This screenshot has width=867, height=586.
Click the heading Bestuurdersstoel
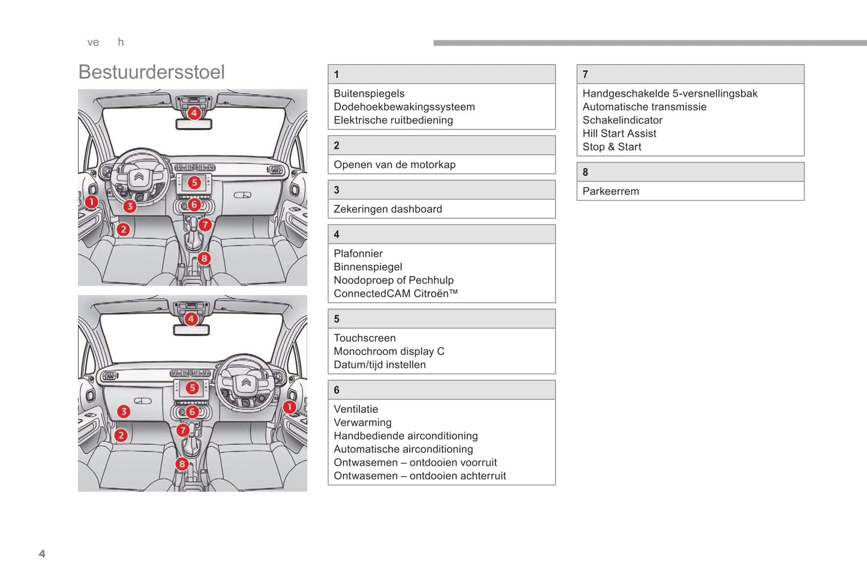(151, 72)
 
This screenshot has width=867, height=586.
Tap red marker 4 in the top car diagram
(193, 113)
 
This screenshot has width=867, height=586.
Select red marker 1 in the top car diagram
(91, 202)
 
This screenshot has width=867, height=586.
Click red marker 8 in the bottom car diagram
(182, 464)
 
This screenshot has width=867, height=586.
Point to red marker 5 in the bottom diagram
(192, 387)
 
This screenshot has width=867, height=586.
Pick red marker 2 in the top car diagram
(123, 229)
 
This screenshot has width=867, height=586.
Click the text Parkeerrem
(610, 191)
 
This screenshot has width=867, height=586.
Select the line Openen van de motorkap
(394, 164)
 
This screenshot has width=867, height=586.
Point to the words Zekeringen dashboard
(388, 209)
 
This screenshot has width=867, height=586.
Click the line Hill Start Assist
(619, 133)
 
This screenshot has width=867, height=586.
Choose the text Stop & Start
(611, 147)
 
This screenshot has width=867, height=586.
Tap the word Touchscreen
(364, 338)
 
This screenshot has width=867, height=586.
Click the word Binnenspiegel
(368, 267)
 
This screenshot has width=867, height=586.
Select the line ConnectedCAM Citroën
(395, 293)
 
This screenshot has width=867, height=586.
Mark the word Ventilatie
(356, 409)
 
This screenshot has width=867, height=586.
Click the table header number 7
(585, 74)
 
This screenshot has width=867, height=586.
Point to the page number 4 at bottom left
(42, 554)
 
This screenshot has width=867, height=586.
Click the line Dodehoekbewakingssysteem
(404, 107)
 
